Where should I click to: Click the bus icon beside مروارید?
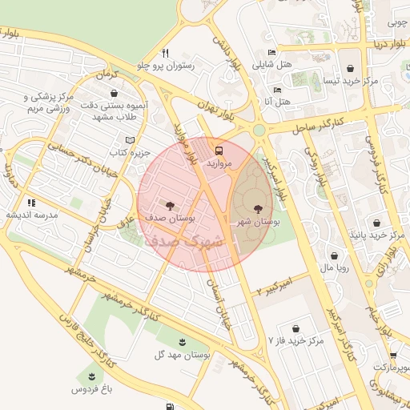[220, 149]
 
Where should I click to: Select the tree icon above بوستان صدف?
[168, 204]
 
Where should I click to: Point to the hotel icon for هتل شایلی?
[271, 53]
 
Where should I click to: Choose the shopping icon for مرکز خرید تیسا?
[351, 67]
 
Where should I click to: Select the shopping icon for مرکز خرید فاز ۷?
[297, 328]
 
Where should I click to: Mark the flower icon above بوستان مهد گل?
[183, 342]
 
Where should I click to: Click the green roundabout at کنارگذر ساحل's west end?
[258, 130]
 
